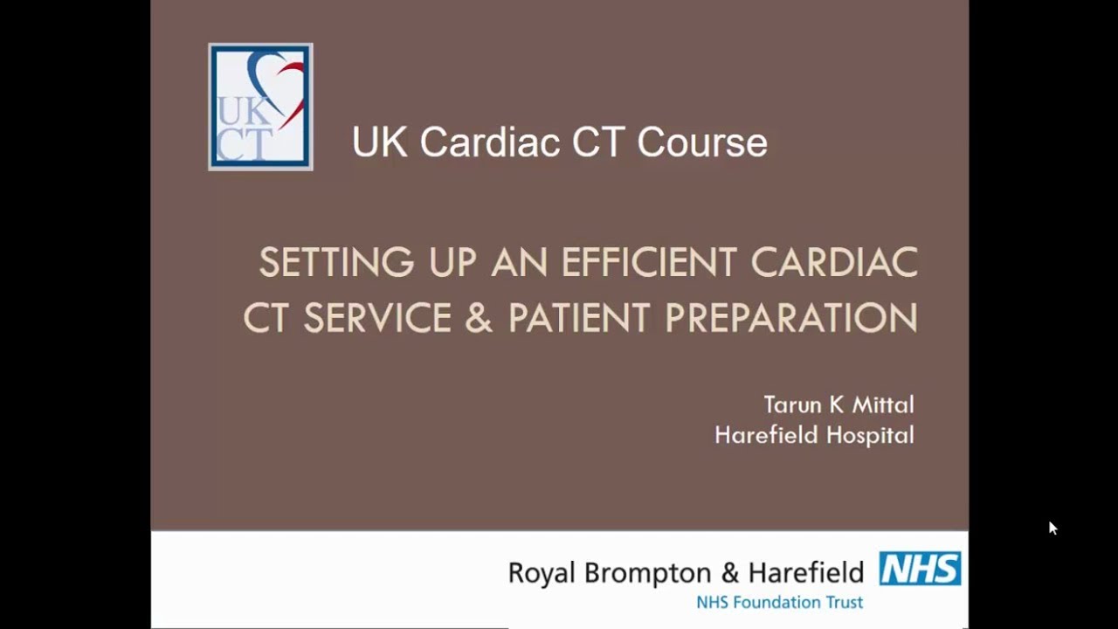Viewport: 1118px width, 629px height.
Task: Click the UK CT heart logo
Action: (260, 107)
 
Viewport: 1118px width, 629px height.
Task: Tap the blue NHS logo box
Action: (920, 569)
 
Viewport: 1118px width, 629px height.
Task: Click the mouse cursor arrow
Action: (1052, 528)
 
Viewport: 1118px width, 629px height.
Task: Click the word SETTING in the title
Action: (336, 263)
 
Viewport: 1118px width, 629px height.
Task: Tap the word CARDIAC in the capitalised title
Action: (834, 263)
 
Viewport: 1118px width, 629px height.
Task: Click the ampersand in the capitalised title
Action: (479, 318)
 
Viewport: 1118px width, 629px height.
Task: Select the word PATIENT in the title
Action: (578, 318)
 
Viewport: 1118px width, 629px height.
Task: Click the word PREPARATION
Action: (791, 318)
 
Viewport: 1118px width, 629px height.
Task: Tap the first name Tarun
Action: (790, 404)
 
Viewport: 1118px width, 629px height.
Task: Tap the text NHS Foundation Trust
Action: (779, 602)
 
